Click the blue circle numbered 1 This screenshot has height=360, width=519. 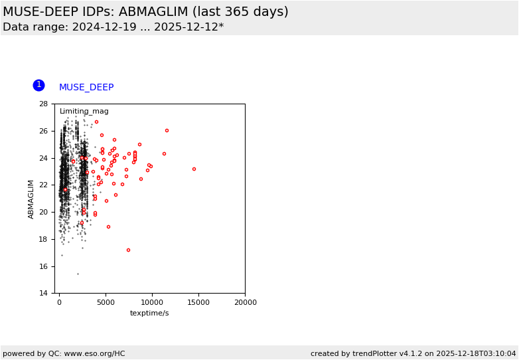38,85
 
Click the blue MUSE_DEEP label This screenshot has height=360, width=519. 86,88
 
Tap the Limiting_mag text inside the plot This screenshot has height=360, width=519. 84,112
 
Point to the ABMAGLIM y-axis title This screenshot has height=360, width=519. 31,199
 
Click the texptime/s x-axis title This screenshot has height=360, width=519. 149,313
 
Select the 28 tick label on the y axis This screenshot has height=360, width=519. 43,104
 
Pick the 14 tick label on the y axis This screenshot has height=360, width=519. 43,294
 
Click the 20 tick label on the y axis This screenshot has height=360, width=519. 43,213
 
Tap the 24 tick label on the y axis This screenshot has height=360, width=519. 43,158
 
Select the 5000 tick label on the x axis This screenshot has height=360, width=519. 106,302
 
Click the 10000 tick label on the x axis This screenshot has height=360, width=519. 152,302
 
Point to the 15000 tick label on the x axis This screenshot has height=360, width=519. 198,302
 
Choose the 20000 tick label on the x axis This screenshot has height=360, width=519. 245,302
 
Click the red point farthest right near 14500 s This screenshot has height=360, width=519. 194,169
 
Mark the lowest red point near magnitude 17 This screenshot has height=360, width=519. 128,250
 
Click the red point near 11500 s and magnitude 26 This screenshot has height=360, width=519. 167,130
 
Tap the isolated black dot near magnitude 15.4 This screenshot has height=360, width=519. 78,274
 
